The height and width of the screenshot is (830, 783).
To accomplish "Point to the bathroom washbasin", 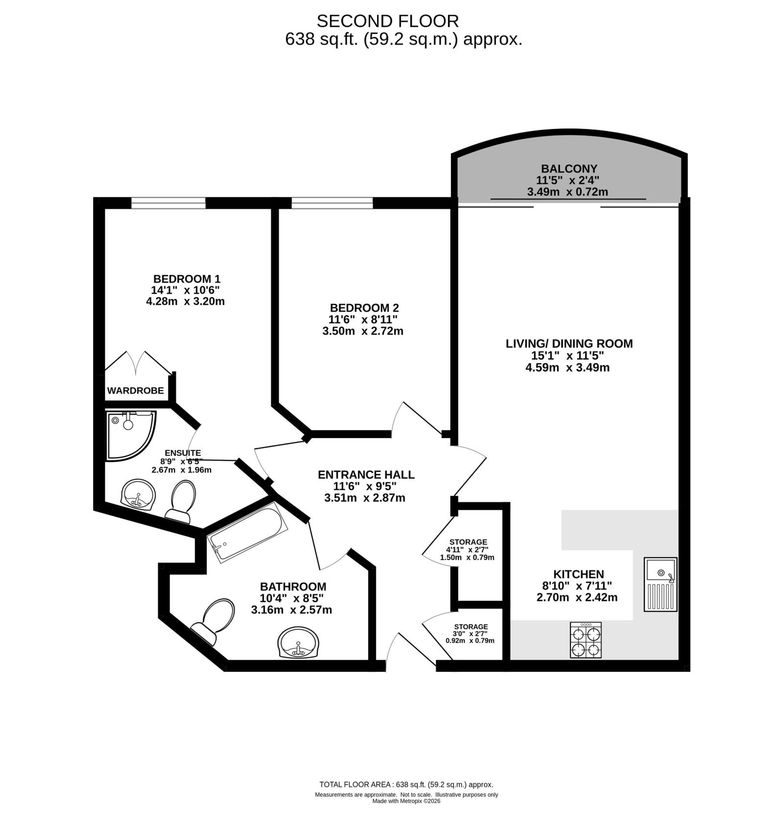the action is pyautogui.click(x=298, y=643).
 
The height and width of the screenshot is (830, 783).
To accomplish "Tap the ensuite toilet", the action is pyautogui.click(x=181, y=501).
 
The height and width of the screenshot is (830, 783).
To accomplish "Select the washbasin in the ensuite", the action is pyautogui.click(x=138, y=495).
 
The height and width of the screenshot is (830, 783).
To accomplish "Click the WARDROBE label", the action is pyautogui.click(x=135, y=391).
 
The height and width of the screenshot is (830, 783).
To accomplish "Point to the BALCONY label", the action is pyautogui.click(x=569, y=169).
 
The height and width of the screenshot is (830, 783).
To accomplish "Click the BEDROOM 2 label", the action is pyautogui.click(x=364, y=308).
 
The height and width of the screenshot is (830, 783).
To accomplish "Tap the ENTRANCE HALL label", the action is pyautogui.click(x=366, y=475).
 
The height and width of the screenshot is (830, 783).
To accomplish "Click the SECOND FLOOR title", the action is pyautogui.click(x=388, y=21).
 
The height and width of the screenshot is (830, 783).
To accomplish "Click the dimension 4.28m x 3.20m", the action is pyautogui.click(x=185, y=301).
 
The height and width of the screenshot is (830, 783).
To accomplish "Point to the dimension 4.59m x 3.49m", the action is pyautogui.click(x=567, y=368).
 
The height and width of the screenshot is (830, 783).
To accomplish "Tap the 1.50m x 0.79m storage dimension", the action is pyautogui.click(x=467, y=557).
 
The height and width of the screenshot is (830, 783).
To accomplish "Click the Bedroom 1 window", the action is pyautogui.click(x=169, y=203).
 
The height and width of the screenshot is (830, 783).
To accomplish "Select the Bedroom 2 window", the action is pyautogui.click(x=332, y=203).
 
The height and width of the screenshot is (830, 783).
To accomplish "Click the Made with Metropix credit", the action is pyautogui.click(x=406, y=801).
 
